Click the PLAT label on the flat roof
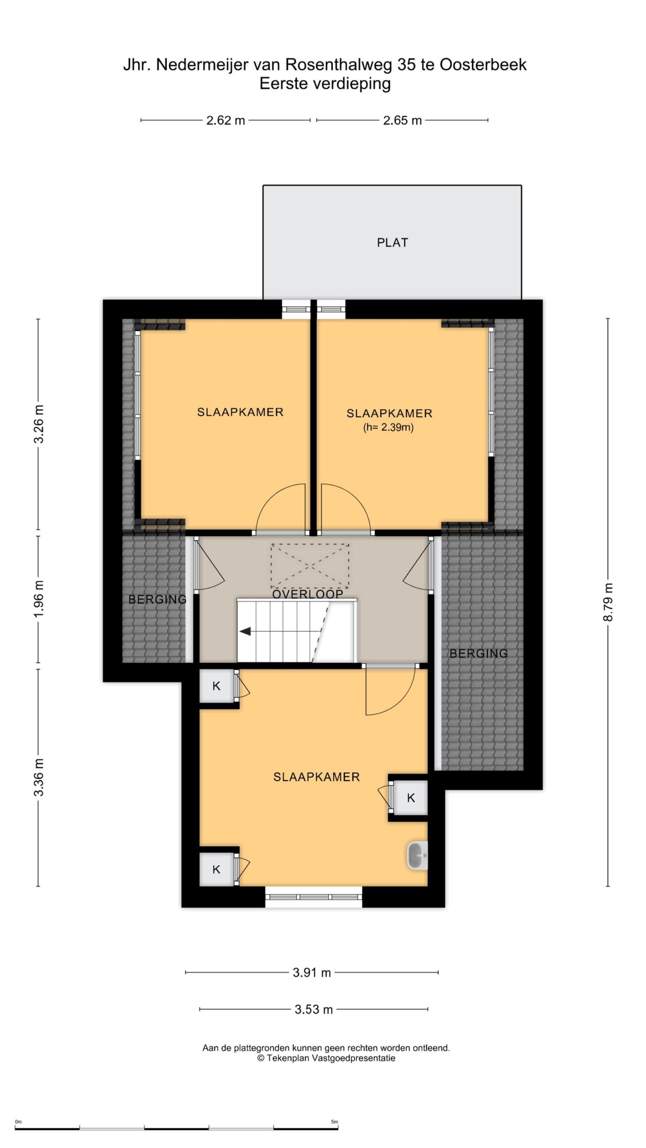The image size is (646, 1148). point(393,243)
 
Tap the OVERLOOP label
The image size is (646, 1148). point(308,594)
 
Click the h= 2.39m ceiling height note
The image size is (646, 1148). point(388,427)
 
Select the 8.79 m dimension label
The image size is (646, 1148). point(608,602)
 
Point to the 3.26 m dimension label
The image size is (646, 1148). point(39,424)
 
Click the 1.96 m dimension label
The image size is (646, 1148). point(39,599)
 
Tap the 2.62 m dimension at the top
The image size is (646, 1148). point(226,120)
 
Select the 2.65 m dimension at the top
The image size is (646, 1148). point(402,120)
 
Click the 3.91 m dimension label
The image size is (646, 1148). point(312,973)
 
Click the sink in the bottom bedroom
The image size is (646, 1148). point(417,856)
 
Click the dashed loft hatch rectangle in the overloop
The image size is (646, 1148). point(310,566)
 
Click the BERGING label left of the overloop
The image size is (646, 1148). point(157,599)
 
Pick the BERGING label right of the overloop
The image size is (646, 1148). point(479,653)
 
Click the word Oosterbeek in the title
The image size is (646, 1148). point(483,65)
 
